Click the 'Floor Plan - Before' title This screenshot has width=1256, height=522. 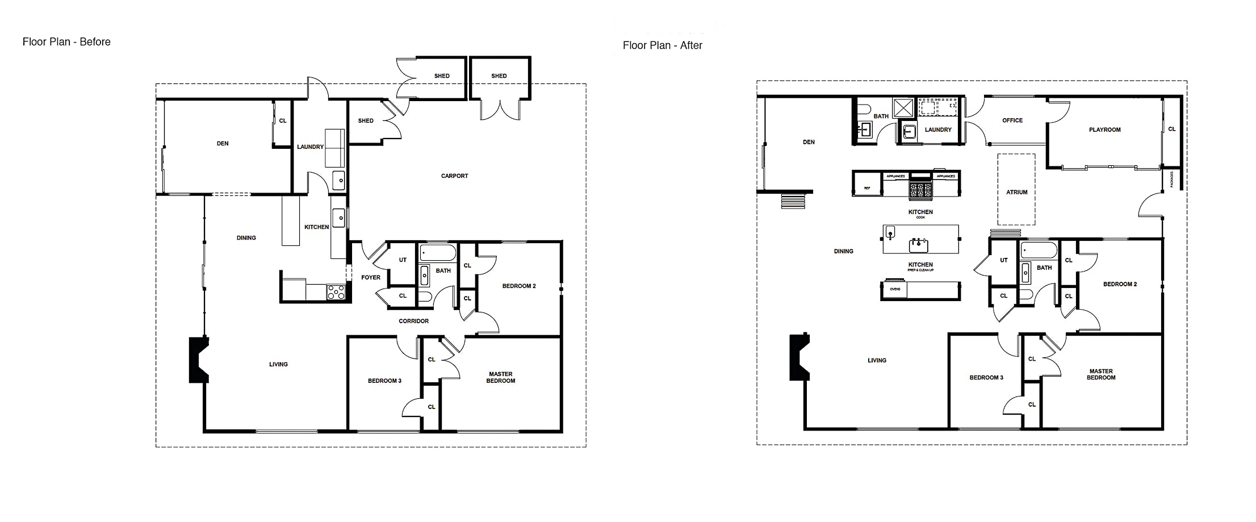(66, 42)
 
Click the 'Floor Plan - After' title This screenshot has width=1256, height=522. (662, 45)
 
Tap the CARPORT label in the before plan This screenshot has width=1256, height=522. (454, 176)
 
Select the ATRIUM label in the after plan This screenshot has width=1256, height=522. (1016, 193)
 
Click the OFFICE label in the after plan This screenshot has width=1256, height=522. (1012, 120)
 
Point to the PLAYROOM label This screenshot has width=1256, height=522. (1104, 130)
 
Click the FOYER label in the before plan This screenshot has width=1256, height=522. (371, 278)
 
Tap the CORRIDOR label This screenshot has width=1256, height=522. (413, 321)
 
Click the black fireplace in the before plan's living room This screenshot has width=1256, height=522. (198, 360)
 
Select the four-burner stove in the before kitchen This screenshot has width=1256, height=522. (336, 292)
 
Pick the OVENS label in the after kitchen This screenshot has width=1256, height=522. (895, 290)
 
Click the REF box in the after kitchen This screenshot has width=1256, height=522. (867, 188)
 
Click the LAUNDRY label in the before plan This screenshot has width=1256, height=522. (310, 147)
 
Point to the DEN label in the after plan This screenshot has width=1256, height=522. (809, 143)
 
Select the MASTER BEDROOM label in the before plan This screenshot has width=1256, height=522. (500, 378)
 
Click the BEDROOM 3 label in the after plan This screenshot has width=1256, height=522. (986, 378)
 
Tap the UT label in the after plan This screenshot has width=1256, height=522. (1003, 261)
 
